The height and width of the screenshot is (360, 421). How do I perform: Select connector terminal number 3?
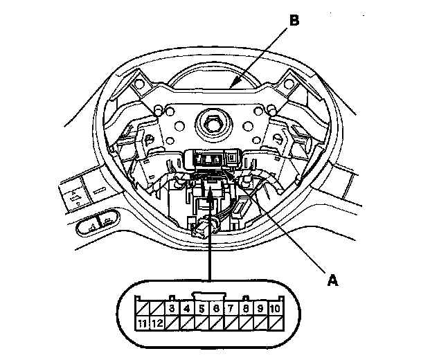coord(170,307)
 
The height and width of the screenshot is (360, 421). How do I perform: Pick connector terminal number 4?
coord(186,307)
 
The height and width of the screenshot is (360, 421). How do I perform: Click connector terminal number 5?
coord(201,307)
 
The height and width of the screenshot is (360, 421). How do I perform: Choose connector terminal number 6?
coord(216,307)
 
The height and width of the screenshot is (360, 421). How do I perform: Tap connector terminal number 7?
coord(231,307)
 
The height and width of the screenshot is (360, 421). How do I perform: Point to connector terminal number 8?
coord(247,307)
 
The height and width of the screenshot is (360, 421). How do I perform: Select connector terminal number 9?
coord(262,307)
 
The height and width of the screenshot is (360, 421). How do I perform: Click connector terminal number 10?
coord(277,307)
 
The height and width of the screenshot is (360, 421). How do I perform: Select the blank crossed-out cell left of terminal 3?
coord(156,307)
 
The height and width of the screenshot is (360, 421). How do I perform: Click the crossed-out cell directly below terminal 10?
coord(277,322)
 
